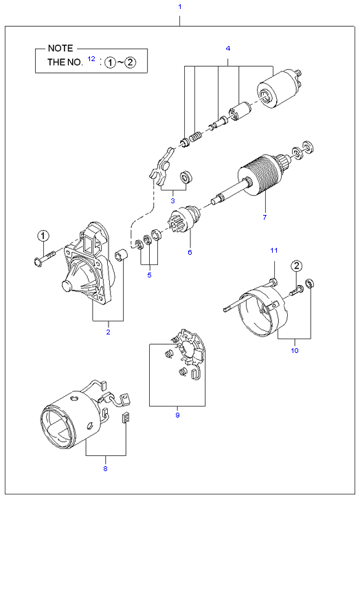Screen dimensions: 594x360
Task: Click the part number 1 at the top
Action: (x=179, y=7)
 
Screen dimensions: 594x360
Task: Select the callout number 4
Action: (x=227, y=48)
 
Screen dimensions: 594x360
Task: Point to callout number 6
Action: (x=190, y=252)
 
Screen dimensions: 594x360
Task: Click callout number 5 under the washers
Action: (x=148, y=275)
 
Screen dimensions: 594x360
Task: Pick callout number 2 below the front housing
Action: (x=108, y=332)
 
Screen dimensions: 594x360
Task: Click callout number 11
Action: (x=272, y=249)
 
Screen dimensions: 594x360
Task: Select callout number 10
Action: (x=295, y=350)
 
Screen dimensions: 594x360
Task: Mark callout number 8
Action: (x=105, y=468)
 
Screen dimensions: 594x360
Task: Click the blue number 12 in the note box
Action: (x=91, y=60)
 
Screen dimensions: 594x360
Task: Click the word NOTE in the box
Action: (x=60, y=49)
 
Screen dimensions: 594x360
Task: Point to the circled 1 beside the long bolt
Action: (x=43, y=236)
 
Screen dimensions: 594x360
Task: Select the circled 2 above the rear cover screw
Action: (x=297, y=266)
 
